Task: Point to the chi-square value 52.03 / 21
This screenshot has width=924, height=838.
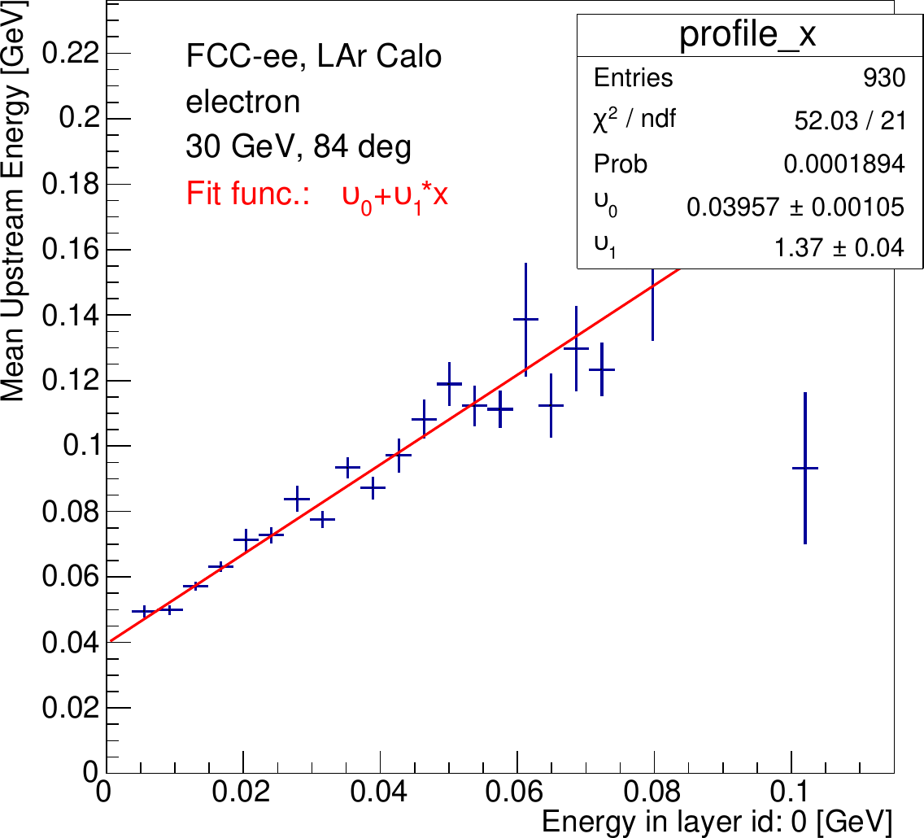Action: [848, 121]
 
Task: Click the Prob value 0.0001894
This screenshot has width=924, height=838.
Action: [843, 164]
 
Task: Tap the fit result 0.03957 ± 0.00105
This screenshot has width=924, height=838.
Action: [795, 207]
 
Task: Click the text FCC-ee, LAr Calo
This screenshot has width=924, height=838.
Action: [313, 57]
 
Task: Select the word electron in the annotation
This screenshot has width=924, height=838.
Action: [243, 103]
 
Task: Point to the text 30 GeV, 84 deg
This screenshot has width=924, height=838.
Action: [299, 148]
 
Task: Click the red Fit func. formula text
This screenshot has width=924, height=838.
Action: [317, 194]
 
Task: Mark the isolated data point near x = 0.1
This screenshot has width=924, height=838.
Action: [804, 468]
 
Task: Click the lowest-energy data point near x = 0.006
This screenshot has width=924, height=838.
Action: [144, 611]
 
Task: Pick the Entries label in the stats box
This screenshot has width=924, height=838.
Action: [634, 78]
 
